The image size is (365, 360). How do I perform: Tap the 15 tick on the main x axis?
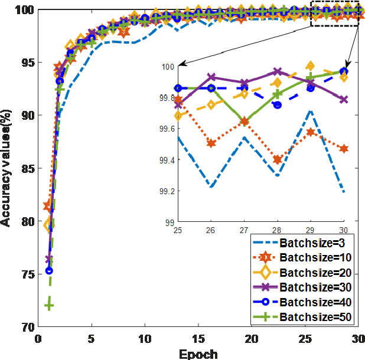coord(198,339)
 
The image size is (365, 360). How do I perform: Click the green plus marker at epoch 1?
coord(50,305)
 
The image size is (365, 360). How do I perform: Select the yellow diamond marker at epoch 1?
coord(50,225)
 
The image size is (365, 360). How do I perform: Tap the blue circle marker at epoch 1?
coord(50,270)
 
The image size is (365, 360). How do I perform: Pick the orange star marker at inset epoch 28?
coord(277,159)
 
